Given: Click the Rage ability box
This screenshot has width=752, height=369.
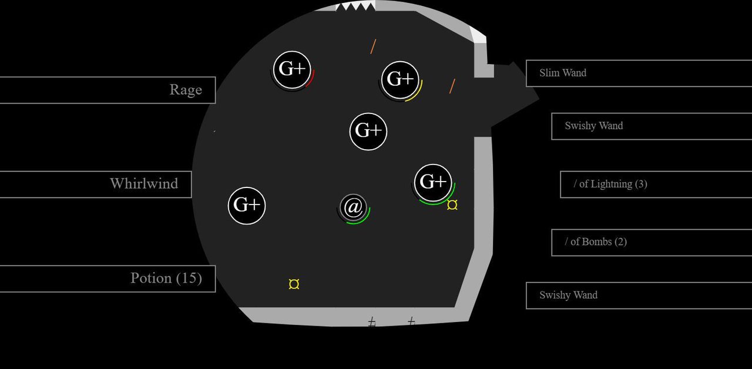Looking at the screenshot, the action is pyautogui.click(x=108, y=90).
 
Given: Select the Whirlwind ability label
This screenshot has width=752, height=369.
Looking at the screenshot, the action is pyautogui.click(x=144, y=184).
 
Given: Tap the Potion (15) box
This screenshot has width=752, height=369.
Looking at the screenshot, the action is pyautogui.click(x=108, y=279).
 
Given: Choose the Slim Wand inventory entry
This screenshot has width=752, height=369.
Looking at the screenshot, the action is pyautogui.click(x=639, y=73).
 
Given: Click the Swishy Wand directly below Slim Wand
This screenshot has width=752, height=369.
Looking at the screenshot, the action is pyautogui.click(x=652, y=126).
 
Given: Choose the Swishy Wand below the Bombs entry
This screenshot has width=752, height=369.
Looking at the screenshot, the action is pyautogui.click(x=639, y=296).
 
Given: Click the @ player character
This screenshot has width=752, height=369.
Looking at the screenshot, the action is pyautogui.click(x=353, y=207).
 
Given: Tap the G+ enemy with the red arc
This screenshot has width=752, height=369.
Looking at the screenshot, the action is pyautogui.click(x=292, y=70).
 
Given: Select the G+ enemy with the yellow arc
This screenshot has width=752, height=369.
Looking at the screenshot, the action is pyautogui.click(x=400, y=80).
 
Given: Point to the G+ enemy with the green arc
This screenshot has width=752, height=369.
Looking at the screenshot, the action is pyautogui.click(x=433, y=183).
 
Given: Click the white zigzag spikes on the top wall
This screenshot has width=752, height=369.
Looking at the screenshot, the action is pyautogui.click(x=355, y=6).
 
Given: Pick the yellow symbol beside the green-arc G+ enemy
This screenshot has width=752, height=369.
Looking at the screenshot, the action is pyautogui.click(x=452, y=205).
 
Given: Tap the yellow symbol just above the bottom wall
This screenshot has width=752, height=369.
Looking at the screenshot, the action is pyautogui.click(x=294, y=284).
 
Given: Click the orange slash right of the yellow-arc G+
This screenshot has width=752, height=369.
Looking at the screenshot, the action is pyautogui.click(x=452, y=86).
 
